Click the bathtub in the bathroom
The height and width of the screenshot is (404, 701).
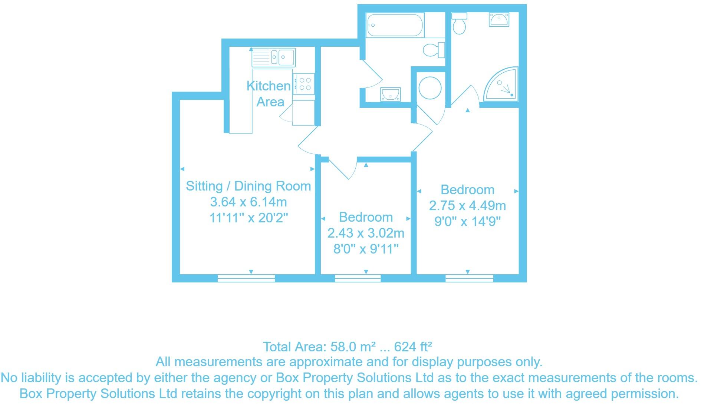tap(394, 25)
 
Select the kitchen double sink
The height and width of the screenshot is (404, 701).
tap(273, 58)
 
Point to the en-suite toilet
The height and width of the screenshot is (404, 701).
tap(459, 23)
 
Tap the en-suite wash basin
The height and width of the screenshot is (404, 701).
tap(499, 19)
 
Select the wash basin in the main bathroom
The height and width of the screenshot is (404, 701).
tap(390, 94)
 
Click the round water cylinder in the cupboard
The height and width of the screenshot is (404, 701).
tap(430, 88)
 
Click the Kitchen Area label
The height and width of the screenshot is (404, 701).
tap(269, 94)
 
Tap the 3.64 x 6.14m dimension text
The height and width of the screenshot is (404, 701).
tap(248, 202)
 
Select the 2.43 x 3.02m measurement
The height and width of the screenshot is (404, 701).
tap(366, 233)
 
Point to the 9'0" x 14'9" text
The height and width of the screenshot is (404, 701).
tap(467, 222)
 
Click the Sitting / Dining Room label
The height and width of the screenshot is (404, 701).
tap(248, 186)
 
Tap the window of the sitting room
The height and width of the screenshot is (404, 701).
tap(246, 278)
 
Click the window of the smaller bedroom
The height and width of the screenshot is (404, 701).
tap(358, 278)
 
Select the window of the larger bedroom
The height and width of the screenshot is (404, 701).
tap(469, 278)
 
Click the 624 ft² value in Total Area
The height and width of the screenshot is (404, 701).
tap(413, 347)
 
